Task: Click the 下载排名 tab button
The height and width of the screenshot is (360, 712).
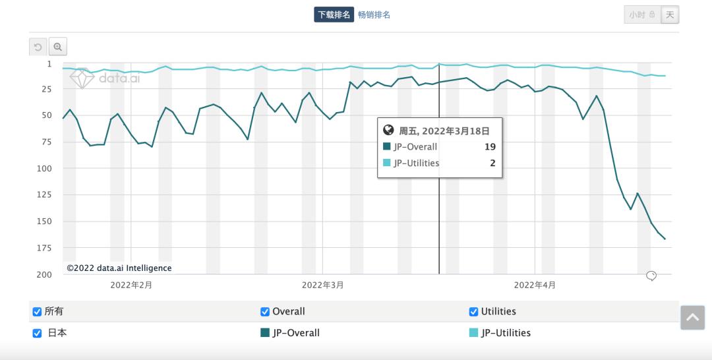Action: coord(334,15)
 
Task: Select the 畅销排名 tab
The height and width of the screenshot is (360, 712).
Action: coord(374,15)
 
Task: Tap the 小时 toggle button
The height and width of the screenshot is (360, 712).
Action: coord(641,15)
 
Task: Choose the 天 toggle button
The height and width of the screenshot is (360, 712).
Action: coord(670,15)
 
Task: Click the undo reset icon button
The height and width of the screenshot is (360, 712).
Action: coord(38,47)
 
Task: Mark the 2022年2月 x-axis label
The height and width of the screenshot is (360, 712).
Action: coord(131,285)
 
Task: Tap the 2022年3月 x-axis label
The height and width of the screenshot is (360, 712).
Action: coord(322,285)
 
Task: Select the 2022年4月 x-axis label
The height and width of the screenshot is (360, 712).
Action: coord(535,285)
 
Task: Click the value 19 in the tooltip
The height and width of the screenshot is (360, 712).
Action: coord(490,147)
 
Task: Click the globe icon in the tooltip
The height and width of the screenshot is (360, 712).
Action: coord(388,130)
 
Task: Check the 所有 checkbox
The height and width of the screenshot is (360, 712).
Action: coord(37,312)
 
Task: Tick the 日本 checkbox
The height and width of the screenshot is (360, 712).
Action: coord(37,333)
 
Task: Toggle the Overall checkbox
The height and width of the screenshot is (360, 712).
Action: coord(265,312)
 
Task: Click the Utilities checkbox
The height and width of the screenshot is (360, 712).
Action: coord(473,312)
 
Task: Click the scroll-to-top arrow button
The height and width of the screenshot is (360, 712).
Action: coord(692,317)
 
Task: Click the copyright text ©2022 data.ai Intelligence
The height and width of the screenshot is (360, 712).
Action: coord(119,268)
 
